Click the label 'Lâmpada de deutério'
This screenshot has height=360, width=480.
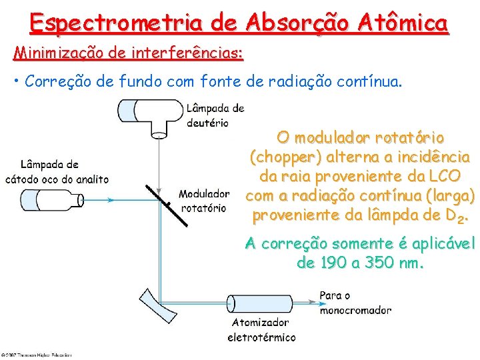coord(215,115)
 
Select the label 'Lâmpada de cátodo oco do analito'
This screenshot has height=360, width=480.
coord(57,171)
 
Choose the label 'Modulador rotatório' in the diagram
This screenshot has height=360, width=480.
coord(203,201)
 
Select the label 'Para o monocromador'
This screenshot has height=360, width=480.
coord(355,303)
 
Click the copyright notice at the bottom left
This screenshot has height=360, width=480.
coord(36,354)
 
